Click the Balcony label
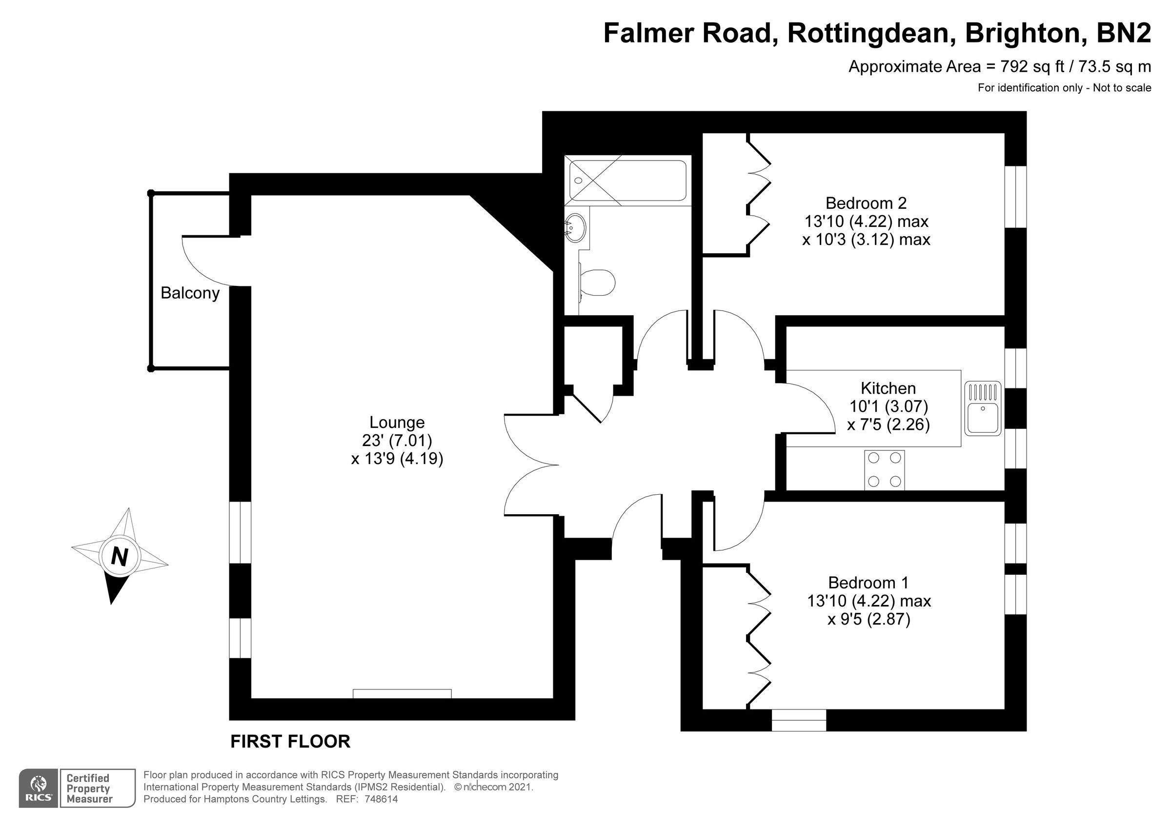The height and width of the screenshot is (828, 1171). pos(190,293)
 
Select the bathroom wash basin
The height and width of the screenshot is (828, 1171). pos(576,227)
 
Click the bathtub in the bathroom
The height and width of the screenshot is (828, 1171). pos(628,181)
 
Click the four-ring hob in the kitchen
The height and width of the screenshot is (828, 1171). pos(885,470)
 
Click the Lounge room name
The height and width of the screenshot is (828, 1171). pos(397,423)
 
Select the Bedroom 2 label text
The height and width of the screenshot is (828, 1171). pos(866,203)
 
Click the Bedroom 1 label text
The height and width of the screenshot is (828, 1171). pos(868,583)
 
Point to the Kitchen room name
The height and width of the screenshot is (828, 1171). pos(888,388)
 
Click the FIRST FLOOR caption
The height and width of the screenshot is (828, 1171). pos(290,741)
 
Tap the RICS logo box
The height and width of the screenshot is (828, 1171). pos(38,788)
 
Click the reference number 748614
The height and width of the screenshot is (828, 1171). pos(381,799)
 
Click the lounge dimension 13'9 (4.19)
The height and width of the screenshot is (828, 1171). pos(397,459)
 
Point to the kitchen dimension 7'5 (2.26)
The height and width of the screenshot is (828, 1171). pos(888,424)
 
